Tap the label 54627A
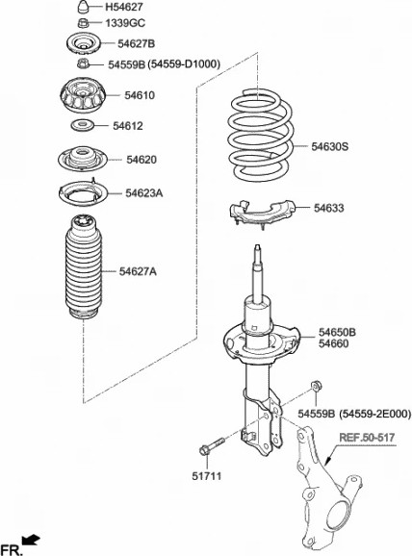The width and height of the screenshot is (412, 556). tap(138, 271)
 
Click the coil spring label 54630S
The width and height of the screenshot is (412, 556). tap(330, 148)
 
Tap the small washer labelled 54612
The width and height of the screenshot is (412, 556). tap(84, 126)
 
